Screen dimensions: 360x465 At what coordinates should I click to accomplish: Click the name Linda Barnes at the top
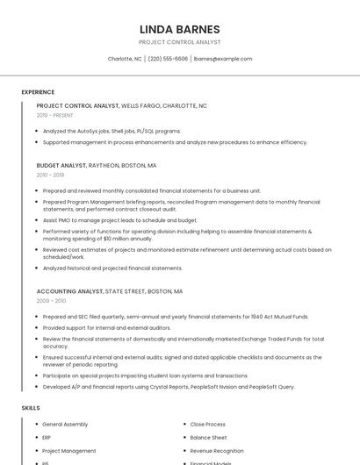(179, 29)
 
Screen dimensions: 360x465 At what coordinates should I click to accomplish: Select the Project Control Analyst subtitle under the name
(179, 42)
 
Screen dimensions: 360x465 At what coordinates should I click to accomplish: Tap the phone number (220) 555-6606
(168, 59)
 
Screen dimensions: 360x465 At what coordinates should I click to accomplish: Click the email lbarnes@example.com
(223, 59)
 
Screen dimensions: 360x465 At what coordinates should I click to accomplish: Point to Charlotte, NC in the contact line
(125, 59)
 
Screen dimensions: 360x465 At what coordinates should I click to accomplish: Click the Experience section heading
(38, 92)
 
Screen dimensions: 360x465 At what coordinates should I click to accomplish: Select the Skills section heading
(31, 408)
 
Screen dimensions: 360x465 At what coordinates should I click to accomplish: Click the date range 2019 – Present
(54, 115)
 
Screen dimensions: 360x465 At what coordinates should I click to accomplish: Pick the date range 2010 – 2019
(50, 175)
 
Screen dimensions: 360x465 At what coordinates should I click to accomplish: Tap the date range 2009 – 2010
(52, 301)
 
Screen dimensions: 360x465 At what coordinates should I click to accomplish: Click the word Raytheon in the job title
(105, 165)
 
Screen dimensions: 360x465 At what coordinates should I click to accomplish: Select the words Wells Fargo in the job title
(140, 105)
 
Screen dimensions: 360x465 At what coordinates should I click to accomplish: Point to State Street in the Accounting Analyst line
(126, 291)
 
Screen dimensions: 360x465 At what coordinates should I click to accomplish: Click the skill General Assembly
(65, 425)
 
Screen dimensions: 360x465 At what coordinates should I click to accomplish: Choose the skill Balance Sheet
(208, 438)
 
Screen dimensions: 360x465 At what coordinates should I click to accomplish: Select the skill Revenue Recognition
(218, 451)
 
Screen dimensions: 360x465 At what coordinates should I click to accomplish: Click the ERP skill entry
(47, 438)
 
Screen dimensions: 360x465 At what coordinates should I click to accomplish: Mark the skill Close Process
(207, 425)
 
